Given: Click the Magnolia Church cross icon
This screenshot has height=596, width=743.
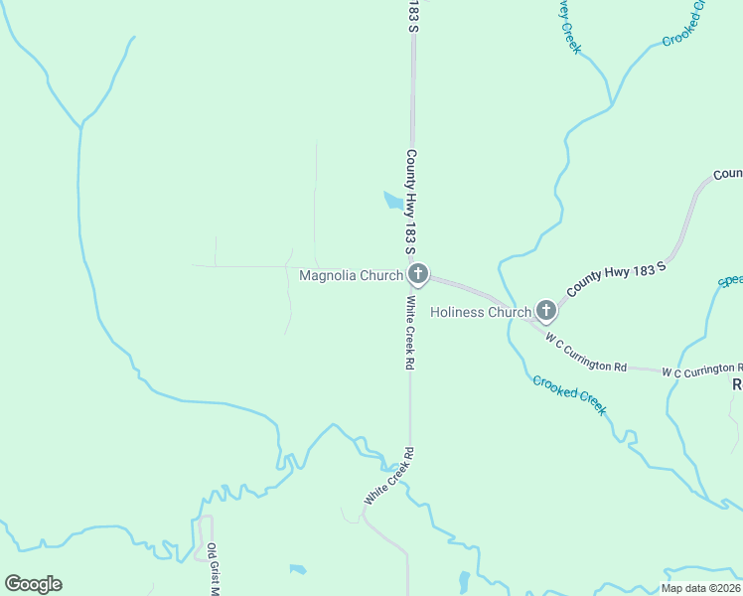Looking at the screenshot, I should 418,274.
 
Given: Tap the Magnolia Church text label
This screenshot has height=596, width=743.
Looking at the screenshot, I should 352,275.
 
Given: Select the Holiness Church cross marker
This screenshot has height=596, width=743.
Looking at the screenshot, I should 545,311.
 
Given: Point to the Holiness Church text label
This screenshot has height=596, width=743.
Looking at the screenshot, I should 481,312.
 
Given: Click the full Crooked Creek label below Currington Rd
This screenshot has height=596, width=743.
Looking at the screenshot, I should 569,394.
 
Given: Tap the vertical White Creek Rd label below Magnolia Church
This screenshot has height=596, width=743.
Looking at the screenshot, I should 408,333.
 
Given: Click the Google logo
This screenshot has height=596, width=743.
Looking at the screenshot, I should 33,584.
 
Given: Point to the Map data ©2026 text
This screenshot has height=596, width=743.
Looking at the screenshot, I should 700,588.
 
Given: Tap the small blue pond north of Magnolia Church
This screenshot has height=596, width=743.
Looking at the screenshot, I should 394,202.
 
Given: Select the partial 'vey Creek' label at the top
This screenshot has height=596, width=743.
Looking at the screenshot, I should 569,26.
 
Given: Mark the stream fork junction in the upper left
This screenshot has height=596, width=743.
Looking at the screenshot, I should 81,126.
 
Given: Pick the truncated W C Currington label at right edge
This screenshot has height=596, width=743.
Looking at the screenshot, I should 701,371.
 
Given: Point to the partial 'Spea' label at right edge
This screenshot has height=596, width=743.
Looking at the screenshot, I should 730,280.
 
